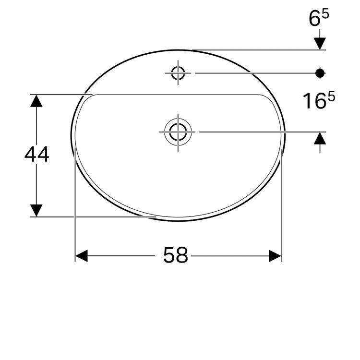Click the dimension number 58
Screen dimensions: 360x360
[176, 255]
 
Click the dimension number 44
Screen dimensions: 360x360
[37, 154]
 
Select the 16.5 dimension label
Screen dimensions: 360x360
[319, 100]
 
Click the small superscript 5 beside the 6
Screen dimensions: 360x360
[326, 14]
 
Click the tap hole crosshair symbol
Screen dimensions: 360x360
[178, 73]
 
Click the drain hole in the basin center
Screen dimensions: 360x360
[178, 132]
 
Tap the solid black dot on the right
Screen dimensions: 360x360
[320, 73]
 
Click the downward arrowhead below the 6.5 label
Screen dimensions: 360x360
[320, 44]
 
